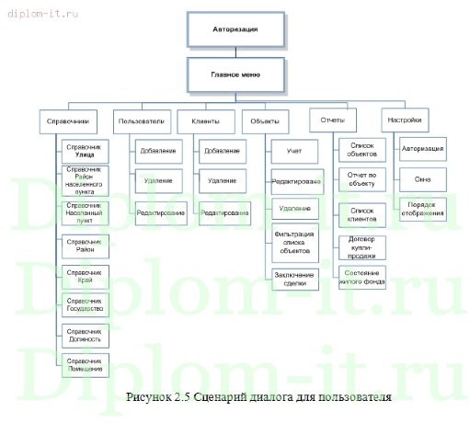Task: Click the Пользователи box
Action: [x=141, y=120]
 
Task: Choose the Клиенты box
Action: [x=205, y=120]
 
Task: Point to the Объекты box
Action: [x=266, y=120]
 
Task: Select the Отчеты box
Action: [x=333, y=120]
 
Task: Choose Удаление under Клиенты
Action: [x=223, y=181]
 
